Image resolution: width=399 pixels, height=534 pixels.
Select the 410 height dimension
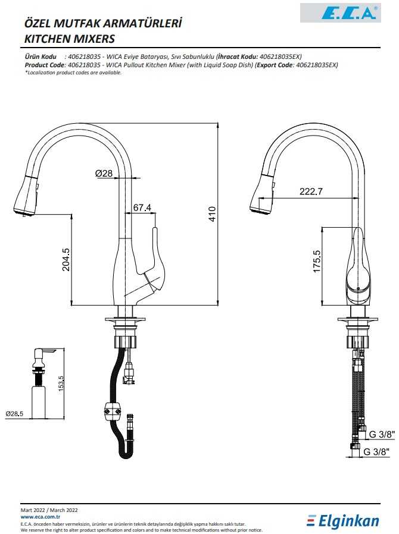tap(212, 214)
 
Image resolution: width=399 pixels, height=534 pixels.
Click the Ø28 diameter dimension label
tap(104, 173)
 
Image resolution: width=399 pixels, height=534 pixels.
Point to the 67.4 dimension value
tap(142, 208)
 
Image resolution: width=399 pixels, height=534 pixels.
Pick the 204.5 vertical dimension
tap(66, 259)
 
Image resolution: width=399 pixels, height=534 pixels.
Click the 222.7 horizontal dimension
tap(311, 191)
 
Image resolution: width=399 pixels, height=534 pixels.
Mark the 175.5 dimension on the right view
tap(317, 261)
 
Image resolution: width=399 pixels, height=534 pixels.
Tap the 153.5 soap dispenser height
tap(61, 384)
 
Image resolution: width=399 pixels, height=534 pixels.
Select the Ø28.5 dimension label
tap(14, 414)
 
